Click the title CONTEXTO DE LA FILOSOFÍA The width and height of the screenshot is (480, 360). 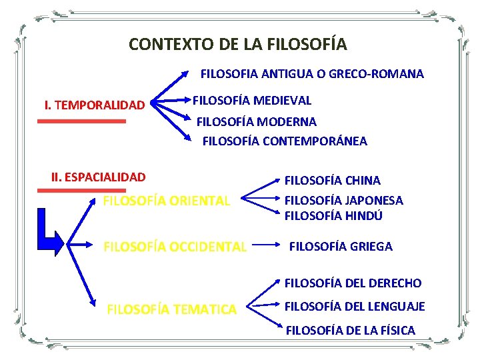238,45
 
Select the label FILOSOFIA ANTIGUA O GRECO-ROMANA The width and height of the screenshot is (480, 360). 312,74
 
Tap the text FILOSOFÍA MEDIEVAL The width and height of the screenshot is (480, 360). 252,101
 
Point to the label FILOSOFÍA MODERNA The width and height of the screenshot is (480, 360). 257,122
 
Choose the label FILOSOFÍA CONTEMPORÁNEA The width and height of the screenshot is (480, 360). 285,141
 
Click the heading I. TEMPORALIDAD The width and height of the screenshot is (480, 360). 94,105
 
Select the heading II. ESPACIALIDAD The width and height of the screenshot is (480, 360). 98,177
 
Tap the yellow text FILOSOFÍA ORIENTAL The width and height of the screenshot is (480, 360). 167,200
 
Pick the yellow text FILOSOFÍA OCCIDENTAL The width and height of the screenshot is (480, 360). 175,247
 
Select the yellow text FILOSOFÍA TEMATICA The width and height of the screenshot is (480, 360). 171,309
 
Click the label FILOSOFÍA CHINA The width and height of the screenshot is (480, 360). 333,181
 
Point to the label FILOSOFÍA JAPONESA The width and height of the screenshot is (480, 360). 344,200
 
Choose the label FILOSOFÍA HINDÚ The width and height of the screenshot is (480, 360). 334,216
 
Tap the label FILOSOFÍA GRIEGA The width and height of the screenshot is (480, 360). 341,247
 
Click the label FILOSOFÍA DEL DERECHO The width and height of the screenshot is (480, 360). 353,283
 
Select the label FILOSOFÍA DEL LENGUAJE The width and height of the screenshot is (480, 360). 355,307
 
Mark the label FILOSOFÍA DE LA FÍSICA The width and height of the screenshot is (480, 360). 351,330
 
